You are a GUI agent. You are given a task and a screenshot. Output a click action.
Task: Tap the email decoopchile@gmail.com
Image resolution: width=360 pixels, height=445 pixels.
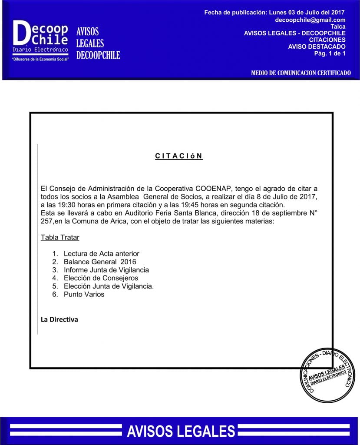coord(310,20)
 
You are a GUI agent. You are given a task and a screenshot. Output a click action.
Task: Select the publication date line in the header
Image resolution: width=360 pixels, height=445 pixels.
coord(274,13)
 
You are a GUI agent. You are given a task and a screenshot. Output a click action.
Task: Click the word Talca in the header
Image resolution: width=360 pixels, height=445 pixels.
coord(338,27)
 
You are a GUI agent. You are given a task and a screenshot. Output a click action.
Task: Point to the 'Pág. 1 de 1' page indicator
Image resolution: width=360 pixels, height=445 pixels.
coord(330,53)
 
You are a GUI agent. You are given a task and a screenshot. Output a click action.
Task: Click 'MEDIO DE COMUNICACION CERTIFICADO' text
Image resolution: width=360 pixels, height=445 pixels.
coord(301,73)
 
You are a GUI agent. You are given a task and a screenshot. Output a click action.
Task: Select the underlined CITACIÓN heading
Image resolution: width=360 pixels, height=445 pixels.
coord(179,156)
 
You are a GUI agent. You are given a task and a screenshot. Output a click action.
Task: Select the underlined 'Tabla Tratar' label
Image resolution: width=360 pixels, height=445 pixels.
coord(60,238)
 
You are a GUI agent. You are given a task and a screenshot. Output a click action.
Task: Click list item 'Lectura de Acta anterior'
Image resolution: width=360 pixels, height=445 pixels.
coord(101,253)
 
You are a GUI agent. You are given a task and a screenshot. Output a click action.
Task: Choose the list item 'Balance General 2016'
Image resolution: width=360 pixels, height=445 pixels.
coord(100,262)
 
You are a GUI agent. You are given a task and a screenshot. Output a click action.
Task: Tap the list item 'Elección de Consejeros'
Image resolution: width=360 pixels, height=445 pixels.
coord(101,278)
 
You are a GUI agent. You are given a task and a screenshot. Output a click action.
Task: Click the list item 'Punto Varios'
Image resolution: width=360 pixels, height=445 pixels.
coord(84,294)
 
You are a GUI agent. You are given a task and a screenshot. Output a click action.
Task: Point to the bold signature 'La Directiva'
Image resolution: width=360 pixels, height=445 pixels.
coord(59,319)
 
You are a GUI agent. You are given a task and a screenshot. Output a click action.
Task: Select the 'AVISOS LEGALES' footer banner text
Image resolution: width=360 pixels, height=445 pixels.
coord(181,431)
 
